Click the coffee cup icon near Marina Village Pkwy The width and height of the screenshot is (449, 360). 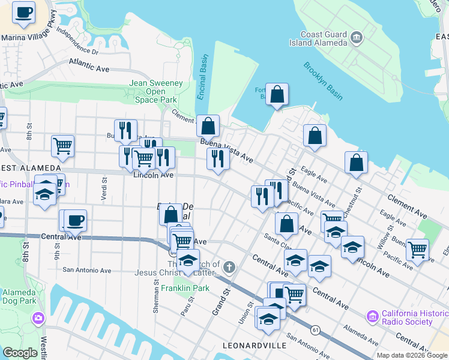tap(24, 13)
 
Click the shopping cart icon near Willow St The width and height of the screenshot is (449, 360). tap(417, 249)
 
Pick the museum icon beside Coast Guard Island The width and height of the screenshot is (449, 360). tap(357, 38)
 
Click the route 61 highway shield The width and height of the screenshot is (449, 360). tap(315, 329)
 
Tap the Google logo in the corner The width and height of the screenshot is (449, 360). tap(20, 353)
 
